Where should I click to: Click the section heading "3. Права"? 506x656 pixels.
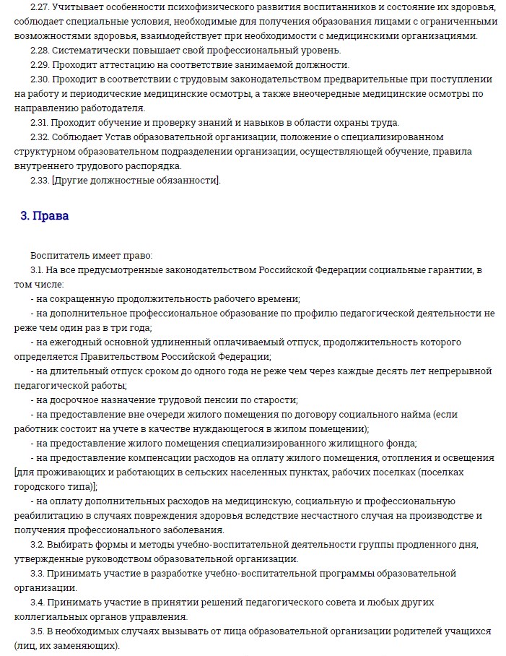(x=44, y=215)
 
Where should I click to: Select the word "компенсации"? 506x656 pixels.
(x=155, y=457)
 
